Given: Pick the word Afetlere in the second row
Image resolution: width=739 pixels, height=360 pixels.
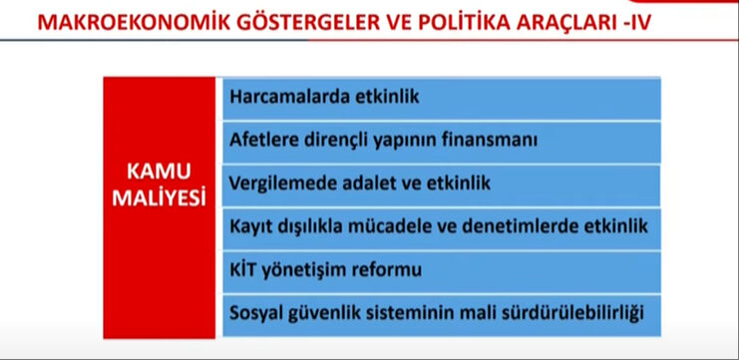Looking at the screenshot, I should tap(262, 140).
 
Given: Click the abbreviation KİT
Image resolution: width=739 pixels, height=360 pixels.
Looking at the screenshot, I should tap(244, 270).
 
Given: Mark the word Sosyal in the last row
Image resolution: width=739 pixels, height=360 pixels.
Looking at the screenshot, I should tap(257, 313).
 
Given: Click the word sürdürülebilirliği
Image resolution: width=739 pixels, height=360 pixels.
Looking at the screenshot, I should tap(571, 313).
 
